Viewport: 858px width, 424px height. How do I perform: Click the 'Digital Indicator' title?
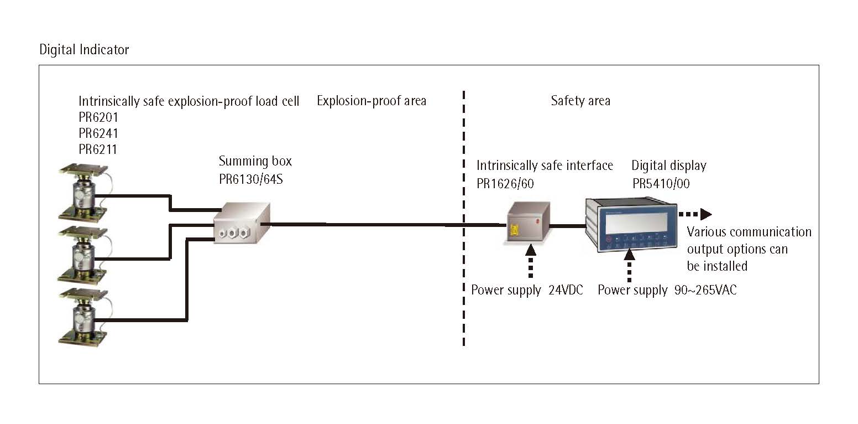pos(84,50)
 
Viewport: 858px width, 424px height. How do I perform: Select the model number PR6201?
pos(98,117)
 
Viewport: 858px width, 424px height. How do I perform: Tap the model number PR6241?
pos(98,133)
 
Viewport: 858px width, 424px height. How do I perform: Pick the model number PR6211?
pos(98,149)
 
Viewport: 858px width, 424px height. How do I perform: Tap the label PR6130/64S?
pos(251,179)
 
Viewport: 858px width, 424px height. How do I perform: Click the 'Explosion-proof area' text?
pos(372,101)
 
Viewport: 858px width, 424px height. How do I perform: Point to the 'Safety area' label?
pos(580,101)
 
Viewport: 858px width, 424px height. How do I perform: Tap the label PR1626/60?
pos(505,183)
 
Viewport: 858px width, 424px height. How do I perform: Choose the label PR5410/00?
pos(661,183)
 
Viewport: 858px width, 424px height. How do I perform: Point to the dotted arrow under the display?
pos(629,266)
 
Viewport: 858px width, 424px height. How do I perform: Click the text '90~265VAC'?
pos(705,290)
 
